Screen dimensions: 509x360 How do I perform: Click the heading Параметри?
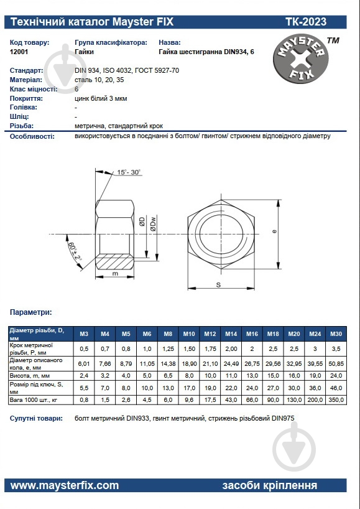click(x=31, y=312)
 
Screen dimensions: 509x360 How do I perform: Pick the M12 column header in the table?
click(x=210, y=334)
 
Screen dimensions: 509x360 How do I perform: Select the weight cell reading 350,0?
click(x=336, y=398)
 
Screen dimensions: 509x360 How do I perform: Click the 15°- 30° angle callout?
click(x=129, y=172)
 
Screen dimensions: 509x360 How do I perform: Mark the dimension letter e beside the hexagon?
click(x=274, y=231)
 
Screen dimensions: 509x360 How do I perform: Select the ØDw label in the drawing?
click(x=152, y=222)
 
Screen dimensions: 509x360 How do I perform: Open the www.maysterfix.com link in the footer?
click(x=65, y=485)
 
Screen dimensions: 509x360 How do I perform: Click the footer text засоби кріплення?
click(x=269, y=485)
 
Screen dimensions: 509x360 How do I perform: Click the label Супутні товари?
click(x=36, y=419)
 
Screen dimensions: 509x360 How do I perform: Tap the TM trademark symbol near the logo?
click(x=333, y=41)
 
